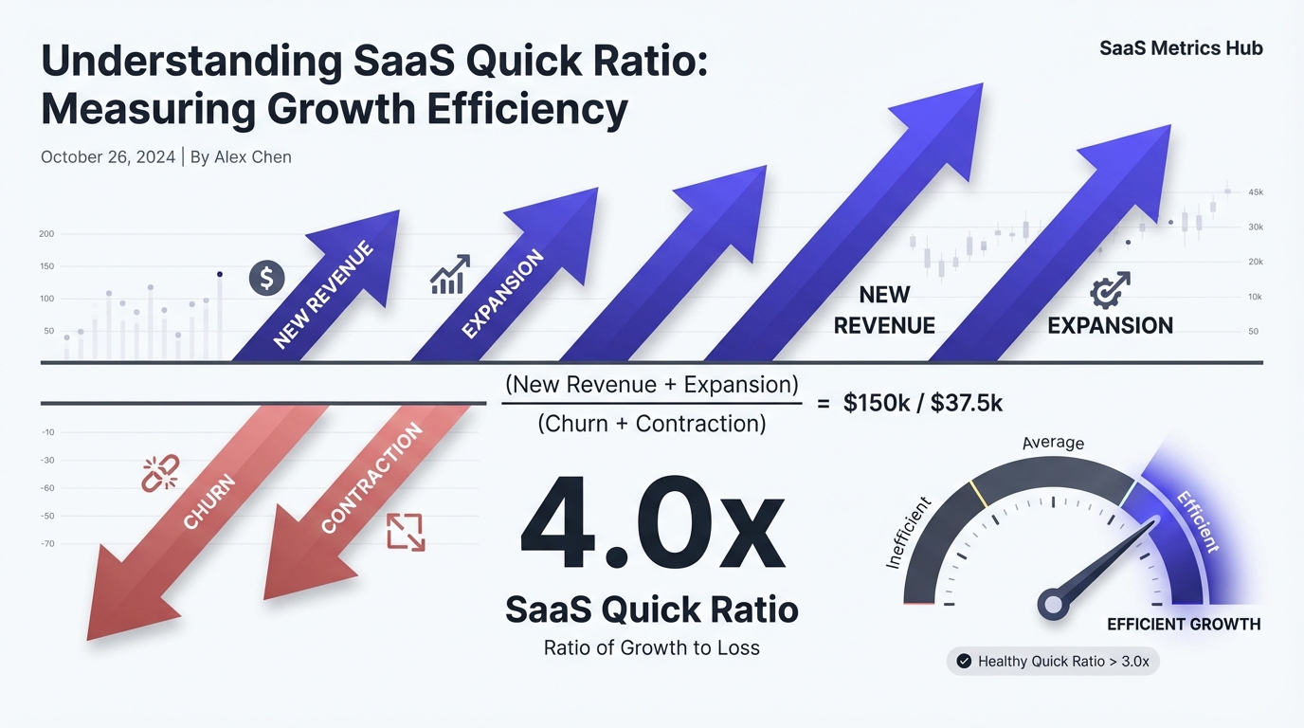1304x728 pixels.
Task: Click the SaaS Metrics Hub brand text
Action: click(1181, 48)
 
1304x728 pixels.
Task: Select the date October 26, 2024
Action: click(108, 157)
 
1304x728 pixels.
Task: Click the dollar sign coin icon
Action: click(266, 279)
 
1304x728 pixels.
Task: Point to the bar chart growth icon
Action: click(450, 274)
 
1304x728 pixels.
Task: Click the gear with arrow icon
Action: click(1110, 290)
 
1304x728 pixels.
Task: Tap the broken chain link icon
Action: click(160, 472)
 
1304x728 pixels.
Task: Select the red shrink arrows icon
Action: click(406, 532)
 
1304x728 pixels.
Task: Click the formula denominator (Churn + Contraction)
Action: click(651, 424)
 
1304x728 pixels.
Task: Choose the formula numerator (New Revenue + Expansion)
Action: click(651, 385)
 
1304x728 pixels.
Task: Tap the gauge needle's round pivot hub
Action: click(1052, 604)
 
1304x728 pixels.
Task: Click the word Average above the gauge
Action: click(1053, 443)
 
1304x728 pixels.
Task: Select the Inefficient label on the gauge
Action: click(908, 533)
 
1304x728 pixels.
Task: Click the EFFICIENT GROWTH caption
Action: click(1184, 624)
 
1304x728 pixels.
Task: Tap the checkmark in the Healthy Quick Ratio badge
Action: click(964, 661)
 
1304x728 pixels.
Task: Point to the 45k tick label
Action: click(1256, 192)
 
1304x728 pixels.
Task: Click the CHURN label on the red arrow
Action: click(208, 501)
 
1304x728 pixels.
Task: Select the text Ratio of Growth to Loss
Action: click(651, 648)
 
